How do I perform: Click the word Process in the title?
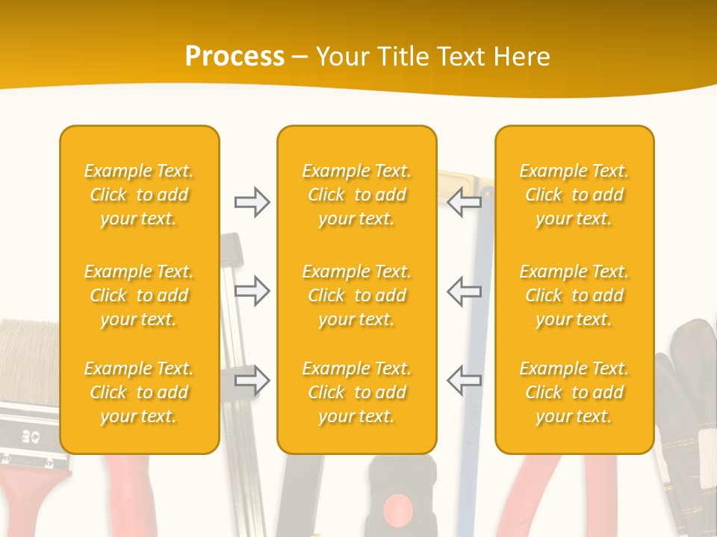(x=235, y=56)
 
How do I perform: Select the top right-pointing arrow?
(x=252, y=202)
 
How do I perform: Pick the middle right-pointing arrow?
(x=252, y=291)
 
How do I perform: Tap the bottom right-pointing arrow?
(x=252, y=380)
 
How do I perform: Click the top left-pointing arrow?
(x=465, y=202)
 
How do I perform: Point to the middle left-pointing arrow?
(x=465, y=291)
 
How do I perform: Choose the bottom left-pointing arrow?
(x=465, y=380)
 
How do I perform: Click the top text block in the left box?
(x=139, y=195)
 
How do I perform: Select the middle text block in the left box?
(x=139, y=295)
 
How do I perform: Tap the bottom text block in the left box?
(x=139, y=392)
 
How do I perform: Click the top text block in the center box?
(x=357, y=195)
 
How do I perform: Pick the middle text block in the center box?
(x=357, y=295)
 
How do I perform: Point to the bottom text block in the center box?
(x=357, y=392)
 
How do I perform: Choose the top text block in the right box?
(x=574, y=195)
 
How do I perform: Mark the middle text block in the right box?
(x=574, y=295)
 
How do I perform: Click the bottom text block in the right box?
(x=574, y=392)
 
